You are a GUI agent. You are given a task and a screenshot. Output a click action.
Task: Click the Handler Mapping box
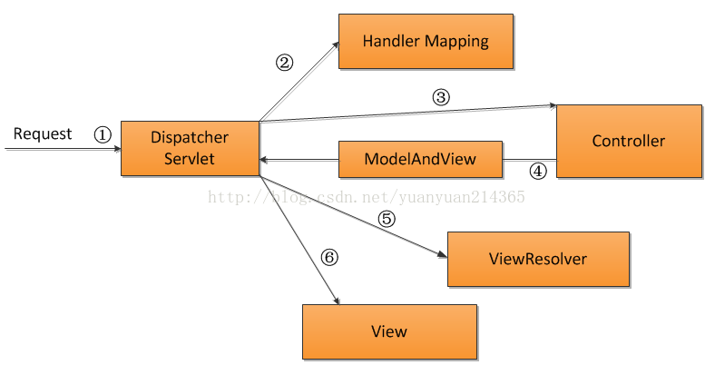coord(426,42)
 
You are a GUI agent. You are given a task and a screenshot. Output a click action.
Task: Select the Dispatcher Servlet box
coord(191,148)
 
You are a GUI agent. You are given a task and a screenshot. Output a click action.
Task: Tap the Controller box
coord(630,141)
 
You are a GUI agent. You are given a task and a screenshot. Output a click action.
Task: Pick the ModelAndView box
coord(420,159)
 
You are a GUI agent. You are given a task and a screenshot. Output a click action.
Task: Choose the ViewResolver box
coord(539,259)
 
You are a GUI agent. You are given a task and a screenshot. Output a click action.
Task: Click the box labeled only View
coord(390,331)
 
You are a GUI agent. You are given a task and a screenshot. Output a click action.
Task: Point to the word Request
coord(43,134)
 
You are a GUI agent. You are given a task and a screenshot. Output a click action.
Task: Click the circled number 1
coord(103,134)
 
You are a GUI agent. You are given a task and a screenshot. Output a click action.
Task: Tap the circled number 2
coord(285,63)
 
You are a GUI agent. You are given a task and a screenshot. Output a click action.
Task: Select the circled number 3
coord(441,97)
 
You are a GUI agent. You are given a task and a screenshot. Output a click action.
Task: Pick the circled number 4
coord(538,171)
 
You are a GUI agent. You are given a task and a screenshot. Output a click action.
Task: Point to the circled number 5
coord(387,219)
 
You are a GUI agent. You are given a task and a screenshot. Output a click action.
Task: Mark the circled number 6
coord(329,257)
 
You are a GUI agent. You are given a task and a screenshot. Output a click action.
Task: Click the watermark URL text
coord(367,197)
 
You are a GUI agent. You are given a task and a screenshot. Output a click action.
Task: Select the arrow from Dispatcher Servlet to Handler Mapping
coord(299,82)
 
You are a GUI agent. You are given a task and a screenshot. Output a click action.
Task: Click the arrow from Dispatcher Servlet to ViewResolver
coord(353,217)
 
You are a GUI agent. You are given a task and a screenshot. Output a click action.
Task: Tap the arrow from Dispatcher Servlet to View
coord(299,240)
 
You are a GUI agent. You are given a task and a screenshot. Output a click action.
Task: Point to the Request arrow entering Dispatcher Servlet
coord(64,149)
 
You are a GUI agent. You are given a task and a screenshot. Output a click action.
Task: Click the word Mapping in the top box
coord(457,42)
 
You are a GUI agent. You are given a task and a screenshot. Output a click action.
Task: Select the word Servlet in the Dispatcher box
coord(190,159)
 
